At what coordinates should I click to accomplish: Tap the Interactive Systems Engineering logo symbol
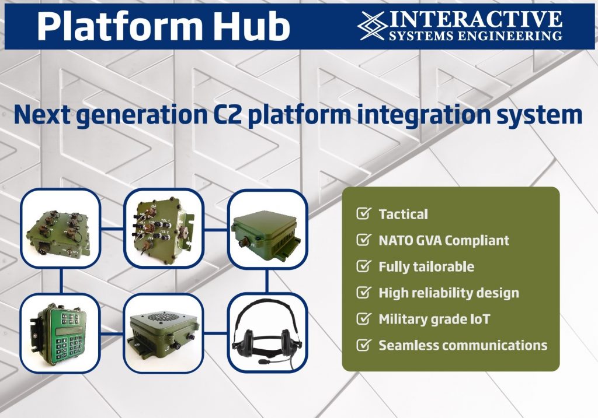click(371, 26)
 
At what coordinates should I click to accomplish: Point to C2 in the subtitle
click(227, 114)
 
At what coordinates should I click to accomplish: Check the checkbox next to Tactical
click(363, 213)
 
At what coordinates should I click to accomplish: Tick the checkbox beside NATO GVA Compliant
click(363, 240)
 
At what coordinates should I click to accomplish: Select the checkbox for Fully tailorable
click(363, 266)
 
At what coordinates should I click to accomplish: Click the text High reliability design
click(448, 293)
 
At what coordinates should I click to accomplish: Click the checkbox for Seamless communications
click(363, 345)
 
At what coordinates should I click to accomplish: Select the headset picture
click(267, 332)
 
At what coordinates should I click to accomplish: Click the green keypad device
click(60, 332)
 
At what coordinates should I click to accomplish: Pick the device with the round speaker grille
click(164, 333)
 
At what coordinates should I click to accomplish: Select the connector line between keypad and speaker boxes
click(112, 333)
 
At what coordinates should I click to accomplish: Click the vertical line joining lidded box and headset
click(267, 281)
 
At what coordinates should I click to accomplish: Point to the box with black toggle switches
click(164, 227)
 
